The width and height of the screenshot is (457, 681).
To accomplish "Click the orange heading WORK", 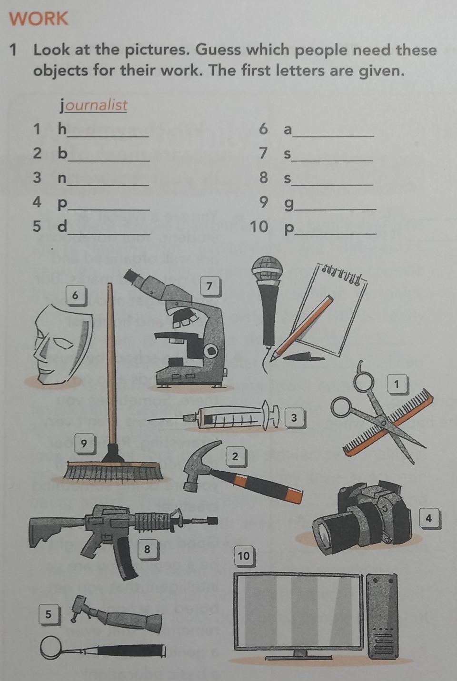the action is [x=38, y=19].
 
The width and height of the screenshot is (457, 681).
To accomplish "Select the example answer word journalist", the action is [x=93, y=105].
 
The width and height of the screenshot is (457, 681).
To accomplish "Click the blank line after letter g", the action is [x=335, y=209].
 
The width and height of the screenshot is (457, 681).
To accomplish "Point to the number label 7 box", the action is [x=209, y=286].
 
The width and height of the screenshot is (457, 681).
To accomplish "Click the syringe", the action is [x=213, y=415].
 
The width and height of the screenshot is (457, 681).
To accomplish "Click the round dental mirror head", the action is [x=51, y=647].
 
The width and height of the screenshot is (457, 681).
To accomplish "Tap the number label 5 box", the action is [x=49, y=615].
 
